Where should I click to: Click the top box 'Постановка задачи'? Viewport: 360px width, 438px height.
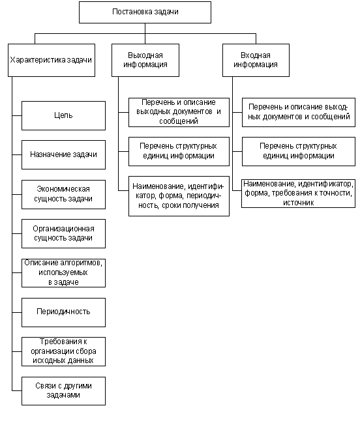145,12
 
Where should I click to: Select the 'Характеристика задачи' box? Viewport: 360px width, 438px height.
52,60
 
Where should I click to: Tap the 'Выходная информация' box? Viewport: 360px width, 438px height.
145,60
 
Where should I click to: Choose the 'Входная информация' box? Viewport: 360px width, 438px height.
256,60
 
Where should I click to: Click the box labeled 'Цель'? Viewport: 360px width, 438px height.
63,115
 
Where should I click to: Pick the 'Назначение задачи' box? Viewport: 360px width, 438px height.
63,154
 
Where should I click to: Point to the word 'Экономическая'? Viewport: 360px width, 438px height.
63,189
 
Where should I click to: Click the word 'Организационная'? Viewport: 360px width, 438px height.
63,229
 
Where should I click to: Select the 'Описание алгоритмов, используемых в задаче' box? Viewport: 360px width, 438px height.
63,273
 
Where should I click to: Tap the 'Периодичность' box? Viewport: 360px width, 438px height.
63,312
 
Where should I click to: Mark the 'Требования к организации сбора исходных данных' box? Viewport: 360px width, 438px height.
63,351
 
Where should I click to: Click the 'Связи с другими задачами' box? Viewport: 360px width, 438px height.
63,391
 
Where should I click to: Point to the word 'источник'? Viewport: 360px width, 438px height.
299,203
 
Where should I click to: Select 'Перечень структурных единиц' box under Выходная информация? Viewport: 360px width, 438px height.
179,151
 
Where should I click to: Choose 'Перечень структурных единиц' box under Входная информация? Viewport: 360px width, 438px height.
299,151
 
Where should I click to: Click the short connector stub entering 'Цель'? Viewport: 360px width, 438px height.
17,115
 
